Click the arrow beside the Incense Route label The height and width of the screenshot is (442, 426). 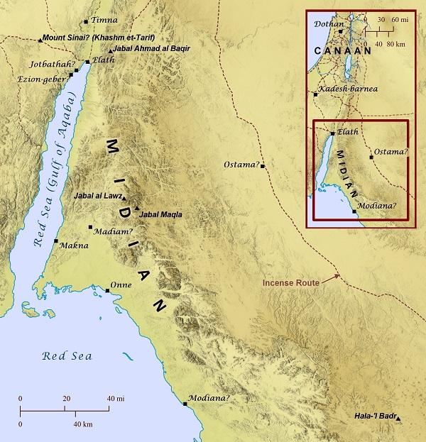331,279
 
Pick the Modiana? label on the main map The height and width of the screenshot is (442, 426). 209,399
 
